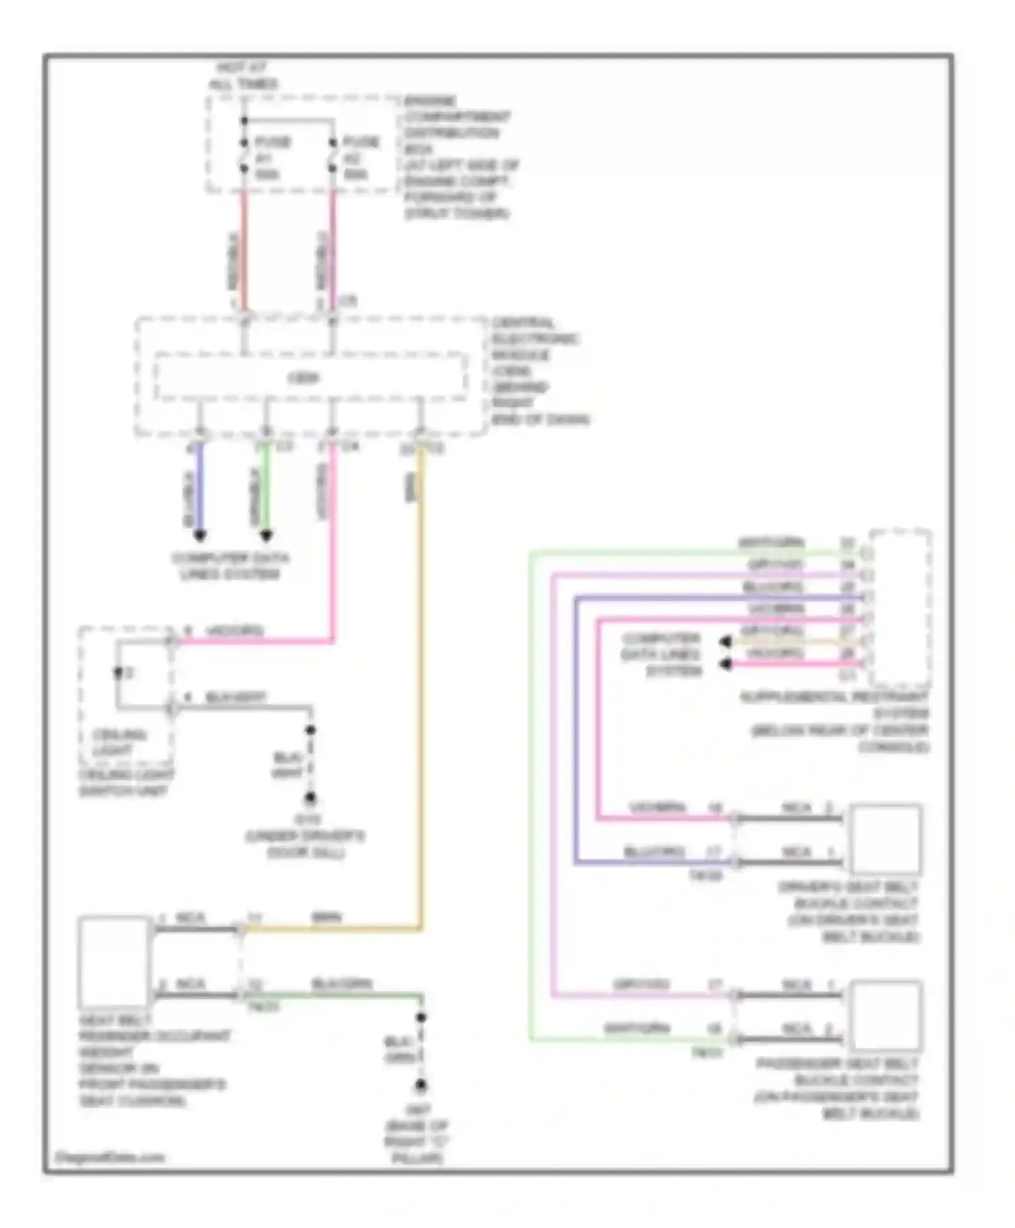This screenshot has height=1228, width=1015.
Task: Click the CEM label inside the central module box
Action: click(303, 378)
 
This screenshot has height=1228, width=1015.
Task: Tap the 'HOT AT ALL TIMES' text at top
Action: click(243, 76)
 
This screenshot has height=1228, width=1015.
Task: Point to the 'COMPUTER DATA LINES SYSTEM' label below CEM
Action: click(230, 566)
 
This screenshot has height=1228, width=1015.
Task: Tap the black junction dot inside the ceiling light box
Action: click(118, 672)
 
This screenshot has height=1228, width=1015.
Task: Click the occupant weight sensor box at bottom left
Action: click(114, 962)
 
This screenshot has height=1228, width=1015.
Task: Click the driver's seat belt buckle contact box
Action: click(886, 839)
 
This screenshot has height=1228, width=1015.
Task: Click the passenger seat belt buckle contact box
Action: click(886, 1015)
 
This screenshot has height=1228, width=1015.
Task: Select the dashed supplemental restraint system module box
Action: click(900, 608)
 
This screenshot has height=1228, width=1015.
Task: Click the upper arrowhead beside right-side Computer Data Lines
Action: click(725, 641)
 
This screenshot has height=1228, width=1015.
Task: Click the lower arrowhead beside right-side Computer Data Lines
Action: click(725, 664)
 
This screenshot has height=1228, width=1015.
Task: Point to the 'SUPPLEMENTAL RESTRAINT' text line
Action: click(834, 697)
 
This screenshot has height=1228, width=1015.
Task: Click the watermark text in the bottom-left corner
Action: click(110, 1157)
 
